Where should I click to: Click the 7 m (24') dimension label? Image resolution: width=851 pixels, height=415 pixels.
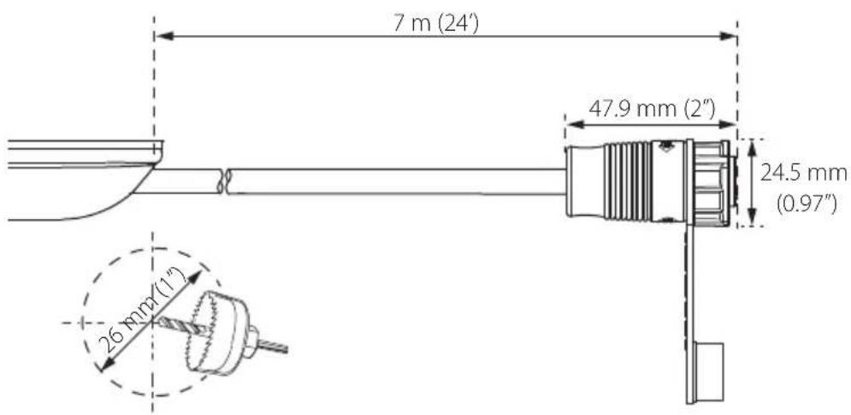click(436, 24)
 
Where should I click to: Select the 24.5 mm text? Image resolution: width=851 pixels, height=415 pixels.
click(803, 174)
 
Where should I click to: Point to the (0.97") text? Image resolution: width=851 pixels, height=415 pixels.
click(807, 204)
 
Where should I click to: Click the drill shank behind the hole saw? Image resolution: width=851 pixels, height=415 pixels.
click(271, 346)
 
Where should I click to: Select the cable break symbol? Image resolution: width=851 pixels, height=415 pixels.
click(223, 181)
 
